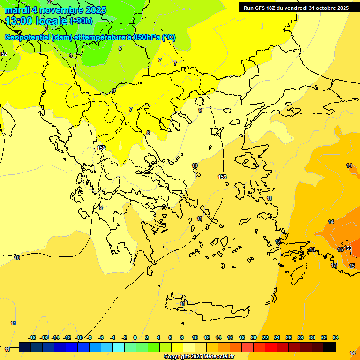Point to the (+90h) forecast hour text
click(x=81, y=21)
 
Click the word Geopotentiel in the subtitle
click(x=26, y=37)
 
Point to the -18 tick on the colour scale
click(x=32, y=337)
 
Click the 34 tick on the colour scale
click(x=336, y=337)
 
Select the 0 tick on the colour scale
click(x=135, y=337)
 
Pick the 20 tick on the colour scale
click(x=254, y=337)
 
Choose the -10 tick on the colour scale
click(x=79, y=337)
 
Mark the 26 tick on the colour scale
click(x=289, y=337)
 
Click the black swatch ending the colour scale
click(x=330, y=347)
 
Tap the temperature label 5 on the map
click(x=120, y=48)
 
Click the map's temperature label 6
click(x=114, y=90)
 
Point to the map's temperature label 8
click(x=148, y=133)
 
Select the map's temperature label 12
click(x=278, y=241)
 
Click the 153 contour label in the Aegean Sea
click(x=222, y=177)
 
